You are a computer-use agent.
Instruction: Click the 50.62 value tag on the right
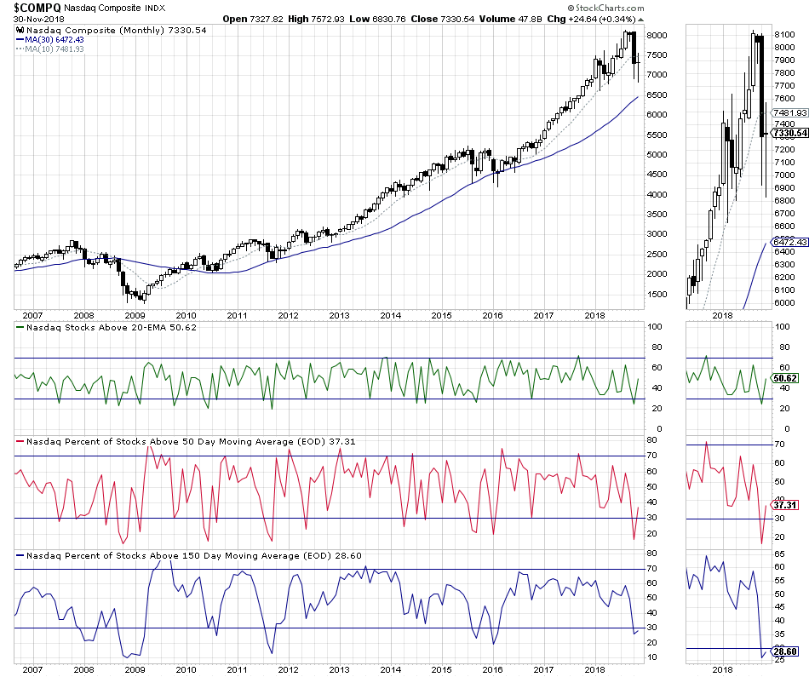pos(783,378)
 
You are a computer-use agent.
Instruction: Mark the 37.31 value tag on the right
pos(783,505)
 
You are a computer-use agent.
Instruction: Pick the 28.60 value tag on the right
pos(783,652)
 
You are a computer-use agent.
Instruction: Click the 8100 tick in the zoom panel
pos(784,35)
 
